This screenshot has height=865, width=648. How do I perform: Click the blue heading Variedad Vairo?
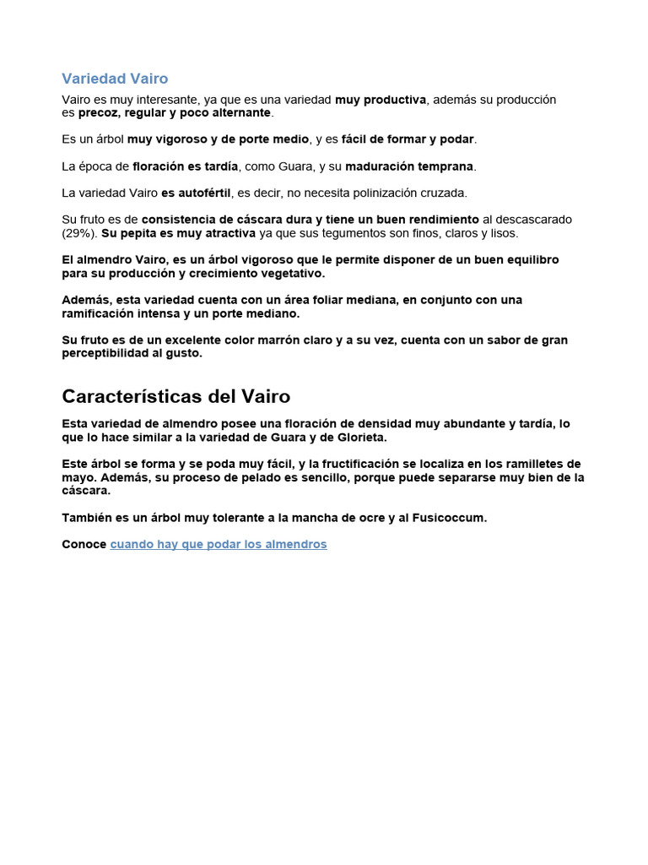coord(115,79)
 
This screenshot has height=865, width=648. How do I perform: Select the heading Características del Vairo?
coord(175,396)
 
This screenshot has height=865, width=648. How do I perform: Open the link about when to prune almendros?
coord(218,545)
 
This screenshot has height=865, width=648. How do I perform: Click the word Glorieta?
coord(359,438)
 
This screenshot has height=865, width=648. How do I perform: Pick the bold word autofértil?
coord(202,193)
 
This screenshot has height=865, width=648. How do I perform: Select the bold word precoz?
coord(98,112)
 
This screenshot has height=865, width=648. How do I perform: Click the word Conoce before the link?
coord(84,545)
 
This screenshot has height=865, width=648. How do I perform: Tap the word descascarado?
coord(532,220)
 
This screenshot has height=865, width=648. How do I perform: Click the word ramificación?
coord(100,313)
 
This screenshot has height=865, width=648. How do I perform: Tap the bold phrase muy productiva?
coord(380,100)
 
